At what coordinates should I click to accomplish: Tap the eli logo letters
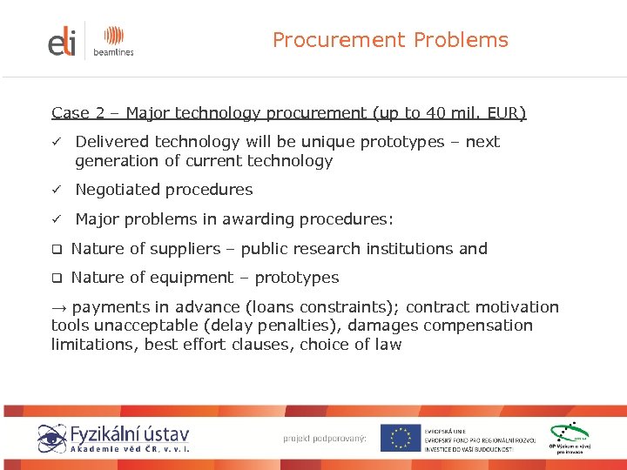pyautogui.click(x=63, y=41)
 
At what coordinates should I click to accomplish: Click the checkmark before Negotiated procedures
pyautogui.click(x=56, y=190)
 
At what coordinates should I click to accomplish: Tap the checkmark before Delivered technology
pyautogui.click(x=56, y=142)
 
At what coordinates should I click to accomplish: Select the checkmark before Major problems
pyautogui.click(x=56, y=219)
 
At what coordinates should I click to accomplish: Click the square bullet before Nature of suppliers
pyautogui.click(x=56, y=249)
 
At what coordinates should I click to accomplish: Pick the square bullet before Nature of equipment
pyautogui.click(x=56, y=279)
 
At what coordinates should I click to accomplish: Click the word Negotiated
pyautogui.click(x=118, y=190)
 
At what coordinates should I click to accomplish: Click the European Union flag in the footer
pyautogui.click(x=401, y=438)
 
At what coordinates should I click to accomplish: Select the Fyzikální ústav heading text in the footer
pyautogui.click(x=131, y=433)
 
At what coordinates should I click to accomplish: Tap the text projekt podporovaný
pyautogui.click(x=325, y=438)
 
